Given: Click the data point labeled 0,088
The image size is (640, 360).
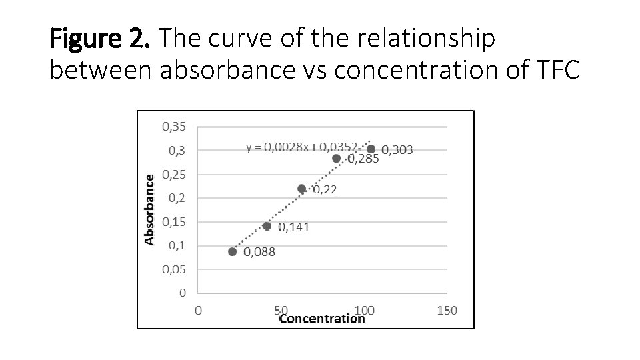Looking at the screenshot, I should click(x=232, y=251).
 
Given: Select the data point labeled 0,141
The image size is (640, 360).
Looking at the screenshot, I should click(x=267, y=226).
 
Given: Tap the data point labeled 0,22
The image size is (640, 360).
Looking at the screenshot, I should click(x=301, y=189).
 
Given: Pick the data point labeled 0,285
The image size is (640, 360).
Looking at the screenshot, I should click(x=336, y=159).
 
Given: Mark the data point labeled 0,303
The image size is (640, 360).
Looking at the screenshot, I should click(x=371, y=149).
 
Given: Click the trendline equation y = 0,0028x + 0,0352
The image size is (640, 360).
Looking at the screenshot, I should click(x=303, y=147).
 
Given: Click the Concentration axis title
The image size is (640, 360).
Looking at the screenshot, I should click(x=322, y=319).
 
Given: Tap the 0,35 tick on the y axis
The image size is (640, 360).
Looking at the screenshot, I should click(x=173, y=126).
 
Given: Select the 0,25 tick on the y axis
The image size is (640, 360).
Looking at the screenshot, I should click(x=173, y=174).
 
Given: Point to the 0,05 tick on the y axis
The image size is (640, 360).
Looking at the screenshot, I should click(x=173, y=269).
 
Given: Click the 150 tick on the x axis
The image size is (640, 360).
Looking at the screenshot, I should click(x=447, y=310).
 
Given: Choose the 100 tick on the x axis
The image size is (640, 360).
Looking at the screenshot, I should click(x=364, y=310).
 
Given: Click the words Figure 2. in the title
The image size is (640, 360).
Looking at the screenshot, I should click(x=100, y=40).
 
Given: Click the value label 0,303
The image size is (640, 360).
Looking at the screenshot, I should click(x=397, y=150).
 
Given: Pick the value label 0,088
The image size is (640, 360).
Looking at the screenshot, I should click(x=259, y=252).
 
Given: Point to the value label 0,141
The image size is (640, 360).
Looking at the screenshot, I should click(x=294, y=227).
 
